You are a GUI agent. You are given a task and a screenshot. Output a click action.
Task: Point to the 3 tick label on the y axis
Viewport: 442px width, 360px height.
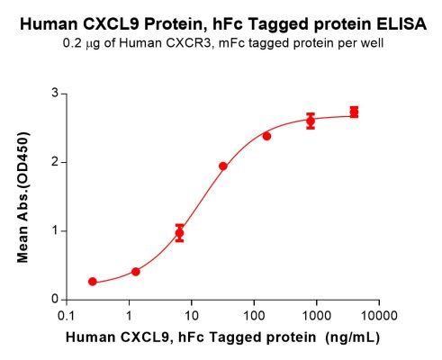tap(54, 94)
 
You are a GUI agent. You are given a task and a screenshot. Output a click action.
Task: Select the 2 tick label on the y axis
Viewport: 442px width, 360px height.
tap(54, 162)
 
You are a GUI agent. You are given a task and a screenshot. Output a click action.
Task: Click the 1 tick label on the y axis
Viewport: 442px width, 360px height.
tap(54, 230)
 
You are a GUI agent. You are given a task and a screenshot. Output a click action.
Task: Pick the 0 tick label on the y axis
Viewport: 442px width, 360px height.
tap(54, 299)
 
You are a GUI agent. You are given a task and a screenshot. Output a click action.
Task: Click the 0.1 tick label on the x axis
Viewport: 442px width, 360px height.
tap(66, 316)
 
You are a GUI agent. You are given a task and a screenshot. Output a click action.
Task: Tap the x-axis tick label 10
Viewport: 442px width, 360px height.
tap(190, 316)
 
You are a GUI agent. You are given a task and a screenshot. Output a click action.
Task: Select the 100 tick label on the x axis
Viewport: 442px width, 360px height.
tap(253, 316)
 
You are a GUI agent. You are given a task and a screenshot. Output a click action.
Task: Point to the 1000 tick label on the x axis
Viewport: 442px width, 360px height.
tap(316, 316)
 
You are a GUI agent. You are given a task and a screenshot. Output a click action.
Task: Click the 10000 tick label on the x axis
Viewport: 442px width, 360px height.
tap(379, 316)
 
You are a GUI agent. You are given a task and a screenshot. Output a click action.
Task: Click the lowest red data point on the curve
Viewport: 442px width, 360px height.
tap(93, 282)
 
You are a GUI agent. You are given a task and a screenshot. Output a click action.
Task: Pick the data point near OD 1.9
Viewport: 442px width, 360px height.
tap(223, 166)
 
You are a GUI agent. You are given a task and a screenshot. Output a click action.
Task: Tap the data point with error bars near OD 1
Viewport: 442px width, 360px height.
tap(180, 232)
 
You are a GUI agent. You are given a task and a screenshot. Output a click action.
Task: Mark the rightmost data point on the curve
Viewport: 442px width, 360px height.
tap(355, 112)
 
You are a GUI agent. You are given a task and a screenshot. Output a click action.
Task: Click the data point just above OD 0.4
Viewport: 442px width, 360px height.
tap(136, 271)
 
